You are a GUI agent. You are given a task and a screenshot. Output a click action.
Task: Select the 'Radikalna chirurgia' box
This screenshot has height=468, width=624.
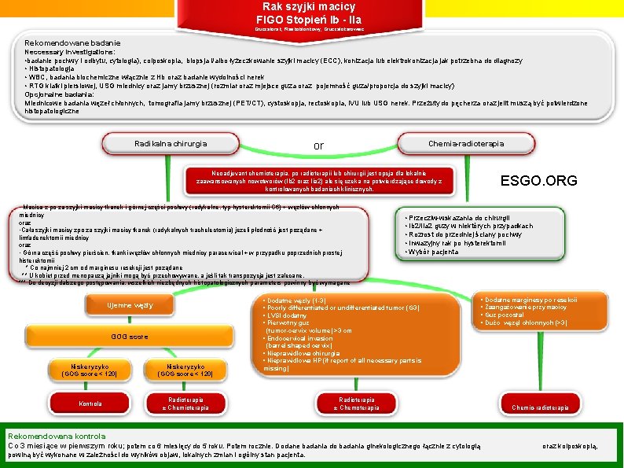(x=171, y=143)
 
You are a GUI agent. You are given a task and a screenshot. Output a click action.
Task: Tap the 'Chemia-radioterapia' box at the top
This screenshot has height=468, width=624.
(x=466, y=143)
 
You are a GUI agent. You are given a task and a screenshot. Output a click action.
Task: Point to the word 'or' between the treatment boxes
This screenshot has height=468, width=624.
(x=318, y=146)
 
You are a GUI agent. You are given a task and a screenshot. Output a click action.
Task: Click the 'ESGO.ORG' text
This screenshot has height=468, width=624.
(x=538, y=181)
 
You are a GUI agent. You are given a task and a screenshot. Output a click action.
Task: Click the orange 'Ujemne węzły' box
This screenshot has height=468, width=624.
(x=130, y=305)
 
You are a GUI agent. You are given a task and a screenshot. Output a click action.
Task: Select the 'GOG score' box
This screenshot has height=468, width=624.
(x=130, y=337)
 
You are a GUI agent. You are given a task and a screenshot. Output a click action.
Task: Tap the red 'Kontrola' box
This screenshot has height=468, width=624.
(x=90, y=404)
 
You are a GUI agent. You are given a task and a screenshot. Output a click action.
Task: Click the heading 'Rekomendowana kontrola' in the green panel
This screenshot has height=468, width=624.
(x=56, y=436)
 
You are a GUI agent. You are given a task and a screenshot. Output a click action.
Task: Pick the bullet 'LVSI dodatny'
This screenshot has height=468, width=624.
(x=288, y=315)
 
